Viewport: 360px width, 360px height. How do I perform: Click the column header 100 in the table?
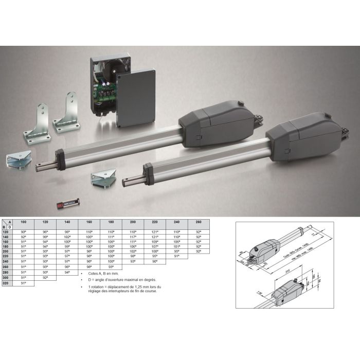click(x=23, y=222)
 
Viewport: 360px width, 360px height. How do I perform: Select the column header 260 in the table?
click(x=199, y=222)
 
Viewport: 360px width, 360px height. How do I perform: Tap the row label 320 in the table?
click(x=5, y=283)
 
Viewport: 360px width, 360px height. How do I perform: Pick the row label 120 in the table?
click(x=5, y=232)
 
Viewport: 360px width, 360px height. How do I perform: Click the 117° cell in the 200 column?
click(x=133, y=237)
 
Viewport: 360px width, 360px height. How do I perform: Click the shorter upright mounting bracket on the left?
click(x=38, y=122)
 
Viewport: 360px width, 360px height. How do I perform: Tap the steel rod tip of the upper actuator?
click(x=39, y=168)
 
